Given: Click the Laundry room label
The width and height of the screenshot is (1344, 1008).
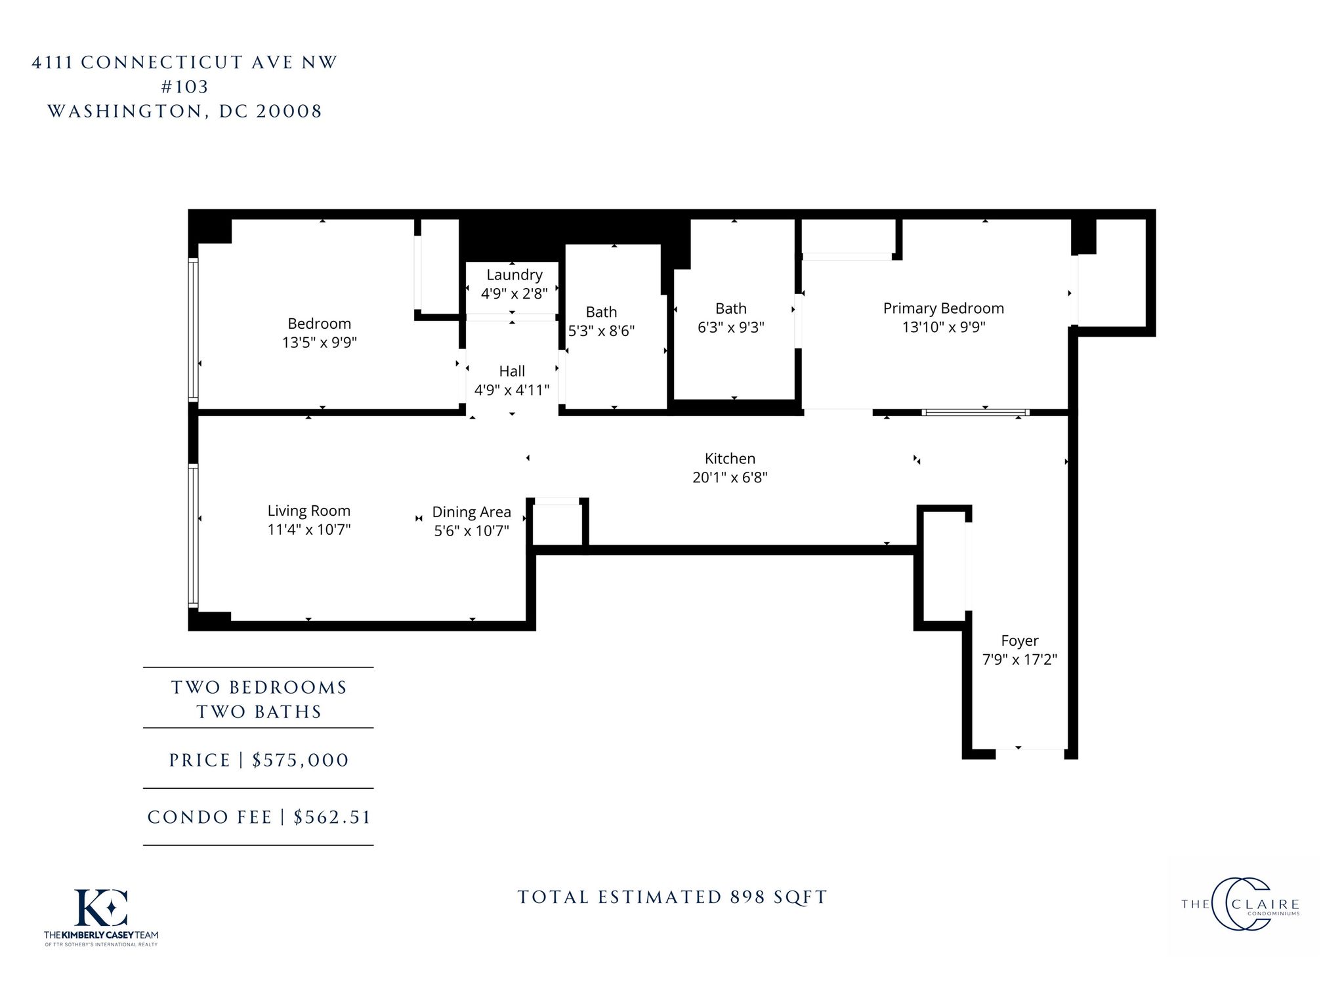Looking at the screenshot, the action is pos(514,275).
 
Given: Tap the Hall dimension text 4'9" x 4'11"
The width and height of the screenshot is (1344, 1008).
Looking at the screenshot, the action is pos(512,390).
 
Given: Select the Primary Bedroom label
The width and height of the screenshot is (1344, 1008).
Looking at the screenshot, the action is pos(944,308).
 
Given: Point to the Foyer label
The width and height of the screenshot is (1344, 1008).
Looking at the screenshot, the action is pos(1020,641).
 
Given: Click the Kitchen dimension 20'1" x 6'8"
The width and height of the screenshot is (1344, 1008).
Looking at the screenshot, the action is pos(730,477).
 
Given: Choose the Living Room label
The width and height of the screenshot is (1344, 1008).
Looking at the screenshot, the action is pos(309,511).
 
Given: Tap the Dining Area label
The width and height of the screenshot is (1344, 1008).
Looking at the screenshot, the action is pos(471,512).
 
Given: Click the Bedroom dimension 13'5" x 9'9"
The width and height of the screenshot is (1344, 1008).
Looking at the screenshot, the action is pos(320,342).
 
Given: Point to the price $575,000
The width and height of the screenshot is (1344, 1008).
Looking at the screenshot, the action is pos(301,760).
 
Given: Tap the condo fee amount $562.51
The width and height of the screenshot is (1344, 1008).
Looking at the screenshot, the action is pos(332,817).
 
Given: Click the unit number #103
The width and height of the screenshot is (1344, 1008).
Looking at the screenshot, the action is pos(185,87).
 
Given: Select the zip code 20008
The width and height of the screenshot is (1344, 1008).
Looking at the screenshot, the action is pos(289,111).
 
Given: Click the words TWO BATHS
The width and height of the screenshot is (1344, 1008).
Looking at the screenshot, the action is pos(259,712).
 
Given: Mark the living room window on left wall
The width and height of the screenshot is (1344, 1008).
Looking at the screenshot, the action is pos(193,535).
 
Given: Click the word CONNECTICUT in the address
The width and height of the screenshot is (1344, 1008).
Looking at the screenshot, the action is pos(162,62).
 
